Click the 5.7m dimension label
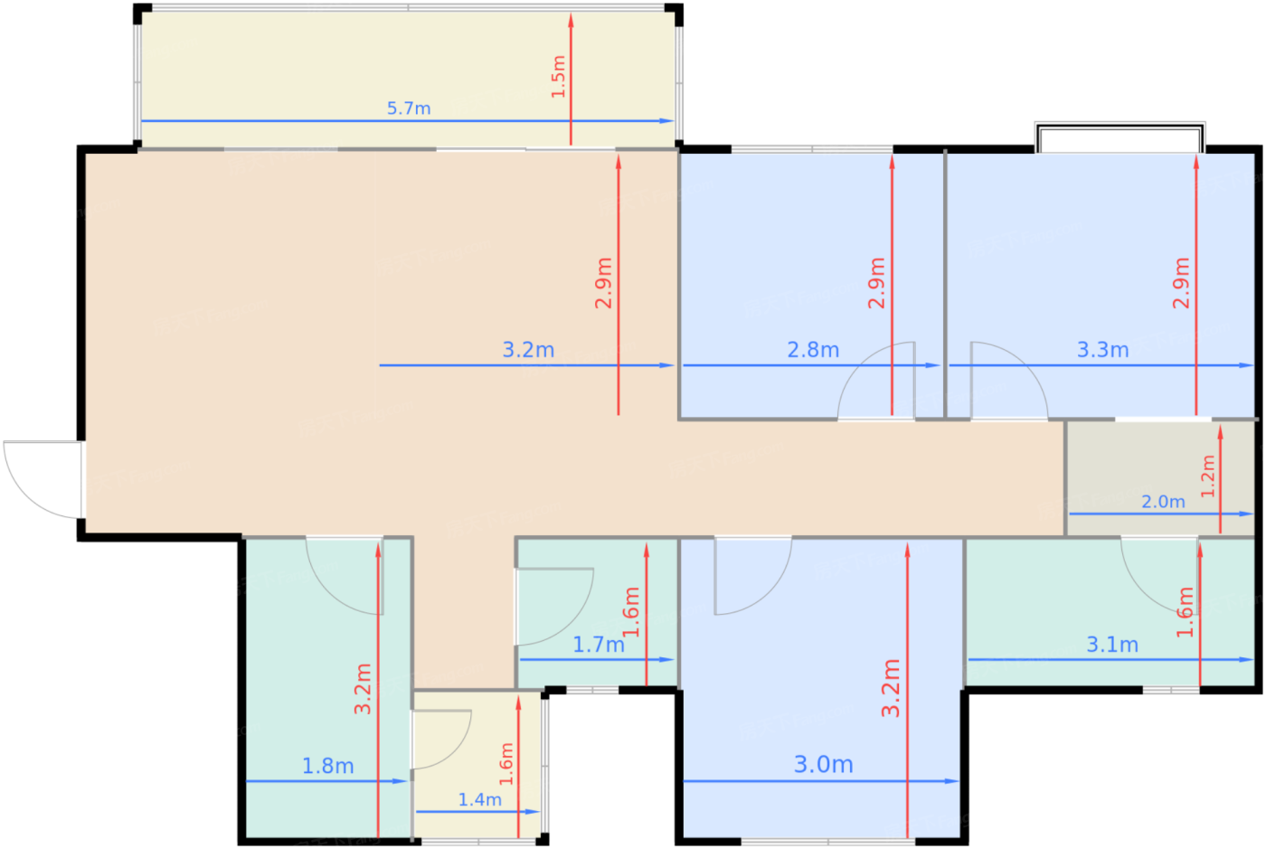click(409, 108)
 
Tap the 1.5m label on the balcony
click(558, 77)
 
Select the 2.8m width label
click(813, 350)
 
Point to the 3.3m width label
click(1102, 350)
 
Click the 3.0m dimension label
click(824, 765)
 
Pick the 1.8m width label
click(327, 767)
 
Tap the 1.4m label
click(480, 800)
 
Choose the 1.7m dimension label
click(599, 645)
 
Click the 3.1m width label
click(1112, 645)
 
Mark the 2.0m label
click(1163, 502)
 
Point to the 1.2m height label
click(1207, 476)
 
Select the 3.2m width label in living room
click(528, 350)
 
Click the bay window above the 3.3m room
click(1120, 137)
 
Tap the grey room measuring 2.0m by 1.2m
click(1161, 478)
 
